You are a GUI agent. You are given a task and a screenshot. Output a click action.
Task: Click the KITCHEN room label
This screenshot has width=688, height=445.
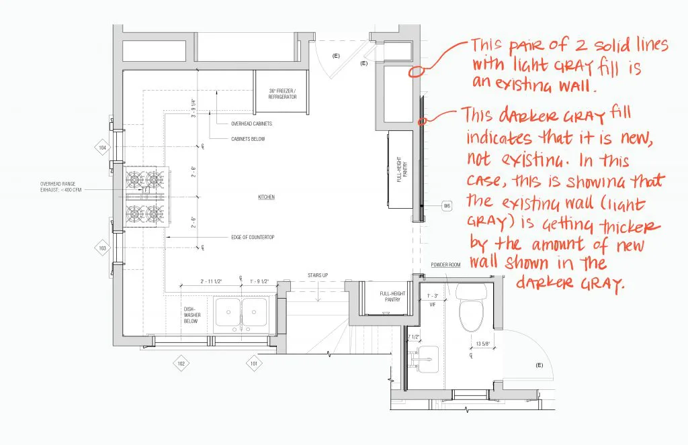(267, 197)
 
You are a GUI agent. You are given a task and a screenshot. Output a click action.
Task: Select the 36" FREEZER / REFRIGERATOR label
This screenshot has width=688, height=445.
(282, 95)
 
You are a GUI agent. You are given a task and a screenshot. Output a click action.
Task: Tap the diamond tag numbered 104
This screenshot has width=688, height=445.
(103, 148)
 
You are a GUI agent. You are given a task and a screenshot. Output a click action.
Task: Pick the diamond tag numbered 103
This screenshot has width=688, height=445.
(103, 248)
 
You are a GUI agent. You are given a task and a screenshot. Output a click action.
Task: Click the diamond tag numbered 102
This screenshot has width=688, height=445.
(181, 363)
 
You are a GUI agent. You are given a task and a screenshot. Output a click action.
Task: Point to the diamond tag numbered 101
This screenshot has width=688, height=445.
(253, 363)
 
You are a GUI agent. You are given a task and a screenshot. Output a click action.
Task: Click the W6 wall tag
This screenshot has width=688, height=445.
(447, 205)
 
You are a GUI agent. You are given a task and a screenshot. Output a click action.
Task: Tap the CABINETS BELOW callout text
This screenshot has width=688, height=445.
(248, 139)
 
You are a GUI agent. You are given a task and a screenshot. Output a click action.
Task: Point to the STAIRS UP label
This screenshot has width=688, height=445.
(318, 275)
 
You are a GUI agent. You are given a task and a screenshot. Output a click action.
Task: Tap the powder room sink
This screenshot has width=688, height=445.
(425, 359)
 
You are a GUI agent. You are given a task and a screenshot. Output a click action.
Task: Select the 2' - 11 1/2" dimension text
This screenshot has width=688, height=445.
(213, 281)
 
